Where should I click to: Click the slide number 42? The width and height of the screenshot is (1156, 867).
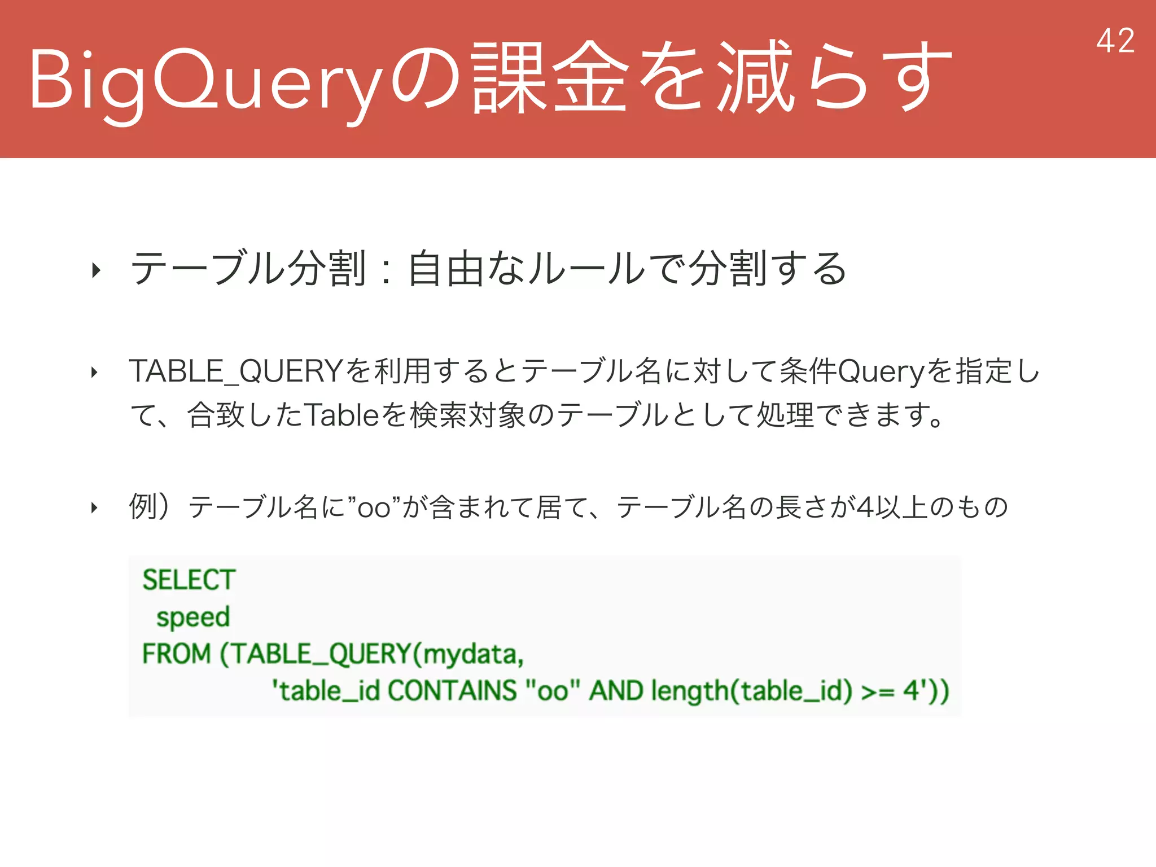[1115, 41]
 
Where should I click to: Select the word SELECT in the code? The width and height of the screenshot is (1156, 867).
[189, 580]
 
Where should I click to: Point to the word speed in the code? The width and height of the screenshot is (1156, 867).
[193, 617]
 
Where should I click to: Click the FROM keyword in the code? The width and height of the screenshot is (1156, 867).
[176, 654]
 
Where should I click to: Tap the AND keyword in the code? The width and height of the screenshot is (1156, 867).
[616, 691]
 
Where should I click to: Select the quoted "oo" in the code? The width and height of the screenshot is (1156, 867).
[552, 691]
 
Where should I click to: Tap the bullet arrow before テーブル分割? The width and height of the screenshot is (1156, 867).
[96, 270]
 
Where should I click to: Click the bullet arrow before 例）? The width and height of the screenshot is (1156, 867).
[94, 508]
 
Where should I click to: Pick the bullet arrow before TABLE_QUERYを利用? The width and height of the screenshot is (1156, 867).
[94, 373]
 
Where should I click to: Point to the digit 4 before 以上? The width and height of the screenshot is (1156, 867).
[864, 507]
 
